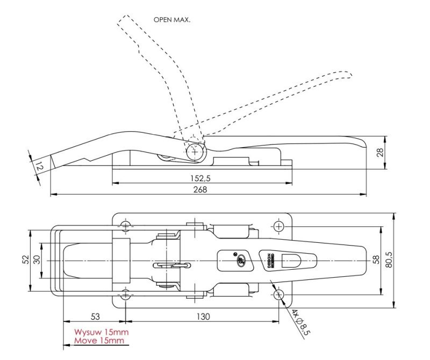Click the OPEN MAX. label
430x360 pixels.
(x=172, y=19)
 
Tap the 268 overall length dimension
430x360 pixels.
(x=199, y=189)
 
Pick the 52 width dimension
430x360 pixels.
(x=26, y=260)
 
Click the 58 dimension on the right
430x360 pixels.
(x=375, y=260)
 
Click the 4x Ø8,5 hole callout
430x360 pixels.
(x=303, y=322)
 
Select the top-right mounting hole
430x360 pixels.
(x=278, y=226)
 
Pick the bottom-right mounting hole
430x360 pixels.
(x=278, y=294)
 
